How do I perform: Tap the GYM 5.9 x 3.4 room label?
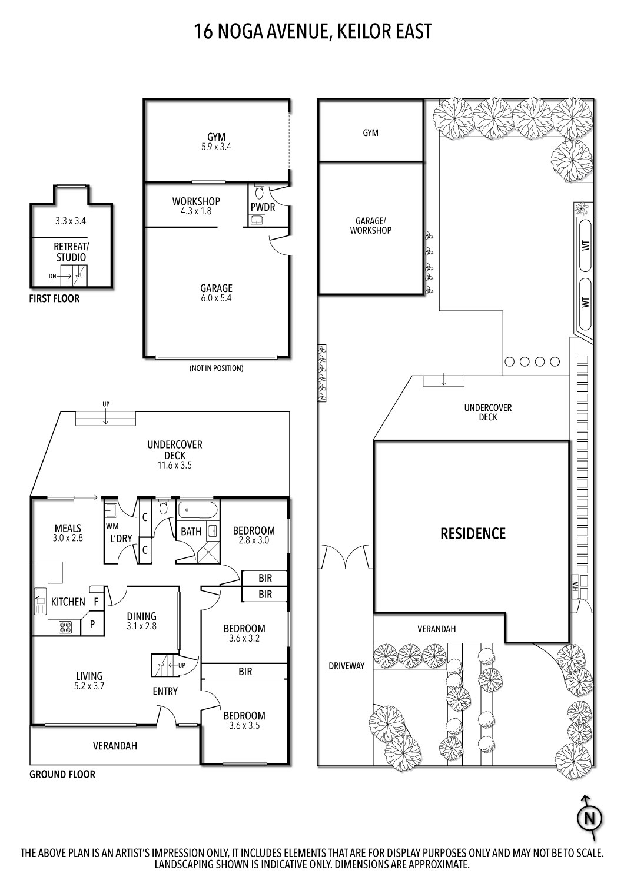pyautogui.click(x=217, y=141)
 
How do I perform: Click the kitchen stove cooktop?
pyautogui.click(x=65, y=628)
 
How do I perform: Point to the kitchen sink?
pyautogui.click(x=40, y=600)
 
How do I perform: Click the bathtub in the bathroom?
pyautogui.click(x=198, y=510)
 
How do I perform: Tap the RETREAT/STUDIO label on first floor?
pyautogui.click(x=71, y=251)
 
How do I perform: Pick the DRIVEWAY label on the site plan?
pyautogui.click(x=346, y=666)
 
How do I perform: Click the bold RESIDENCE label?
pyautogui.click(x=473, y=533)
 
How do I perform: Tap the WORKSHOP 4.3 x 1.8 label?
pyautogui.click(x=196, y=205)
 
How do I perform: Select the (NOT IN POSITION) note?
pyautogui.click(x=216, y=368)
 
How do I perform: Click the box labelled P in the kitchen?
pyautogui.click(x=92, y=625)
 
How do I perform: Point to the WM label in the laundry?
pyautogui.click(x=112, y=525)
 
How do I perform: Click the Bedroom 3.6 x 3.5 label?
pyautogui.click(x=244, y=721)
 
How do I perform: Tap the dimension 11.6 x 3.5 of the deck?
pyautogui.click(x=174, y=465)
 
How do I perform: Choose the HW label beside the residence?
pyautogui.click(x=575, y=585)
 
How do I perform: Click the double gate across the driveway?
pyautogui.click(x=346, y=557)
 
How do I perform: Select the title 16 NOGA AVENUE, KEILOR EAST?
pyautogui.click(x=313, y=31)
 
